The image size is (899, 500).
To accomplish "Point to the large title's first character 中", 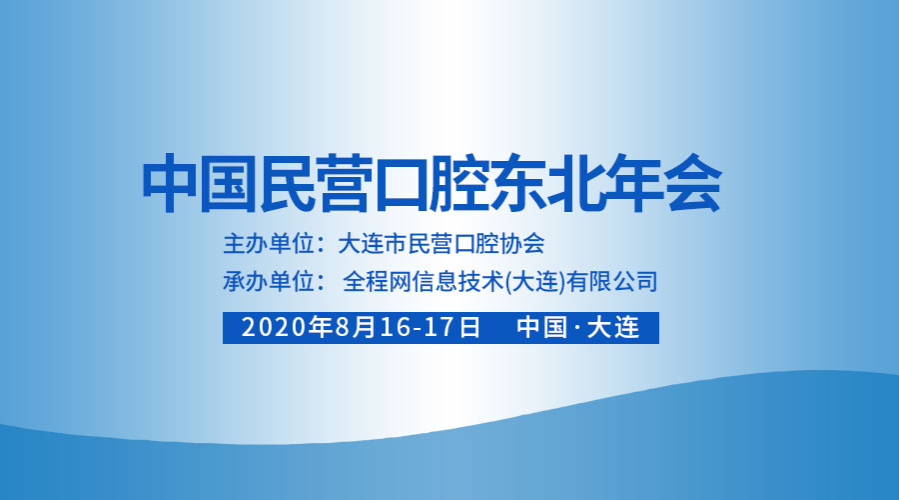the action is click(171, 183).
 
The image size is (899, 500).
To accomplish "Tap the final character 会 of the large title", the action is click(692, 183).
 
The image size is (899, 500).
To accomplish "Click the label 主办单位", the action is click(269, 243).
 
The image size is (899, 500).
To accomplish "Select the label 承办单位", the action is click(269, 281).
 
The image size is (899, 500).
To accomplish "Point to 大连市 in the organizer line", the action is click(373, 243).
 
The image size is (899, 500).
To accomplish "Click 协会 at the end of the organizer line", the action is click(521, 243).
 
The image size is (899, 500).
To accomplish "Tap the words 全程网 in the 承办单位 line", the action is click(377, 281).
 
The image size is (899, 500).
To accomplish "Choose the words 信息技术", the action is click(456, 281).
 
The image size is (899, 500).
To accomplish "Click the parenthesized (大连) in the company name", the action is click(535, 281).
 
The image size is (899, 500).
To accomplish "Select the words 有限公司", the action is click(612, 281).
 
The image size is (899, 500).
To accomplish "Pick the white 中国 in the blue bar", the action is click(541, 327).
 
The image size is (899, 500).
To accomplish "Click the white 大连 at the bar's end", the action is click(613, 327).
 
